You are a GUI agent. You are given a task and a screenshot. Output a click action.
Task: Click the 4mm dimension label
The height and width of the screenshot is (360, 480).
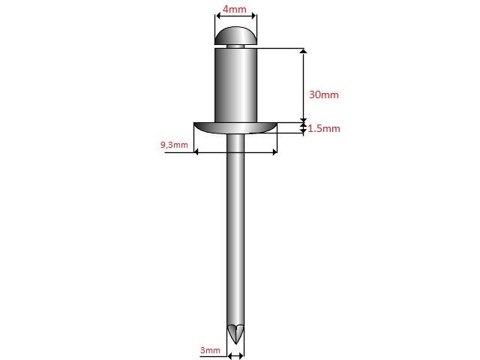pyautogui.click(x=234, y=10)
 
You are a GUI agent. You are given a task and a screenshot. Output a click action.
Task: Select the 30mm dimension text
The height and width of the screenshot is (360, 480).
pyautogui.click(x=324, y=94)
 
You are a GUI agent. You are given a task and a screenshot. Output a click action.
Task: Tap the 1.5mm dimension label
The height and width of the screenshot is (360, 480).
pyautogui.click(x=324, y=128)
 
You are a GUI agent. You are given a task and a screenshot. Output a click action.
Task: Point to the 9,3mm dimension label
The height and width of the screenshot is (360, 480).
pyautogui.click(x=174, y=145)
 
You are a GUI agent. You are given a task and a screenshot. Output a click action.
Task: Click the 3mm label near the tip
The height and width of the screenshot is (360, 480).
pyautogui.click(x=210, y=350)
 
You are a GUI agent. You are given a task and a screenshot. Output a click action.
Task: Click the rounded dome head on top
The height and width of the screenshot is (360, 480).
pyautogui.click(x=235, y=34)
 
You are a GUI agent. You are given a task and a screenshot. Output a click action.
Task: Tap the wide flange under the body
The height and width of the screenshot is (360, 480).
pyautogui.click(x=235, y=127)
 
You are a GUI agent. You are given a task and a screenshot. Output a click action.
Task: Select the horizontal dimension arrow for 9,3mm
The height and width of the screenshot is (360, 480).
pyautogui.click(x=235, y=152)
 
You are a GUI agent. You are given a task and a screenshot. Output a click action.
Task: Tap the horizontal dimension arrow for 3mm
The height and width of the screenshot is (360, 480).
pyautogui.click(x=236, y=353)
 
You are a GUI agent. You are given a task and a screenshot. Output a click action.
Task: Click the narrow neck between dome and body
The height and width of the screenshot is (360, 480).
pyautogui.click(x=235, y=46)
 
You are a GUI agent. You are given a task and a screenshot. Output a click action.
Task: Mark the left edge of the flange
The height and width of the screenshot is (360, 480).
pyautogui.click(x=196, y=124)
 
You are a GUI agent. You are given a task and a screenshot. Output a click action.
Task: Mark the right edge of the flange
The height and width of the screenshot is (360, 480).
pyautogui.click(x=276, y=124)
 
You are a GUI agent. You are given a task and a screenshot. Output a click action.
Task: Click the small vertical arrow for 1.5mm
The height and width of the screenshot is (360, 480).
pyautogui.click(x=303, y=128)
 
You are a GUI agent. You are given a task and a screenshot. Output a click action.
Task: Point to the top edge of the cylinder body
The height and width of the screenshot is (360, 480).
pyautogui.click(x=235, y=49)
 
